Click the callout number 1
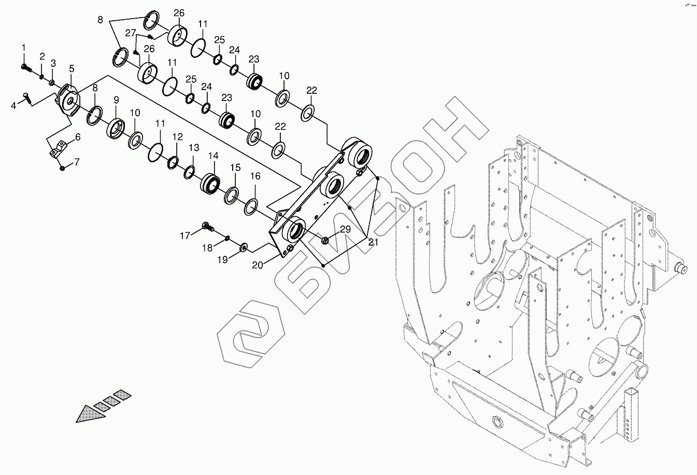pyautogui.click(x=23, y=48)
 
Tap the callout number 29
pyautogui.click(x=346, y=229)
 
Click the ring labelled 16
pyautogui.click(x=251, y=206)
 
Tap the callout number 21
pyautogui.click(x=373, y=241)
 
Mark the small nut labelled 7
pyautogui.click(x=62, y=168)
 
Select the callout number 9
pyautogui.click(x=116, y=99)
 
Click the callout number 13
pyautogui.click(x=193, y=148)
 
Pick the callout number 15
pyautogui.click(x=235, y=168)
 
